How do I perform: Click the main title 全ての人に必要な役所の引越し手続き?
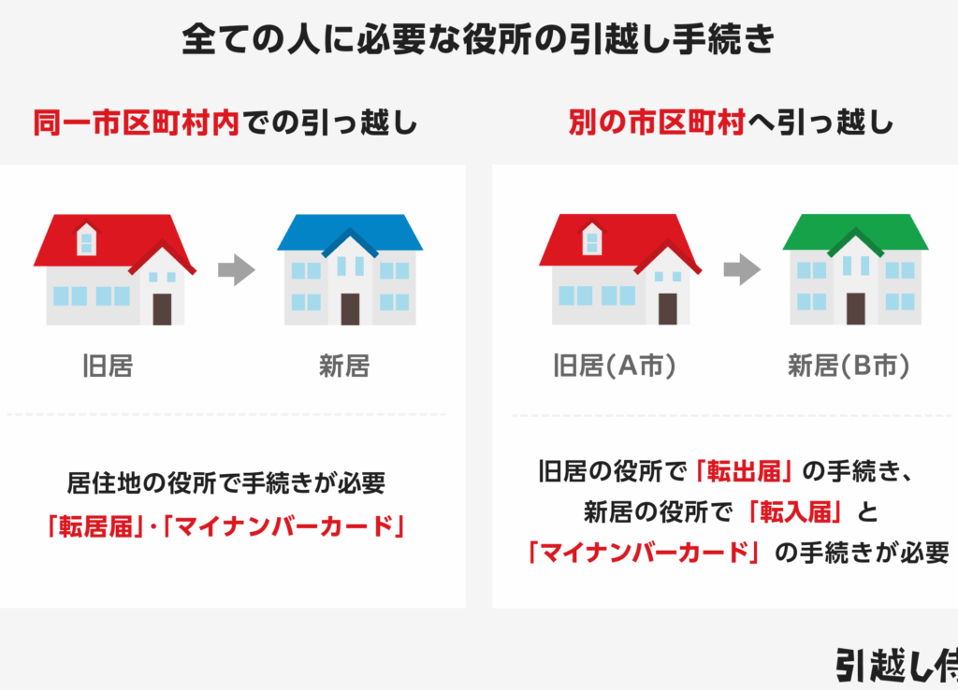click(x=478, y=39)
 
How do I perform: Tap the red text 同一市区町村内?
click(x=136, y=122)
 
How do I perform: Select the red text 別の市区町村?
click(x=657, y=122)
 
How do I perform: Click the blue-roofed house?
click(x=350, y=269)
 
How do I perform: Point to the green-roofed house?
click(x=855, y=269)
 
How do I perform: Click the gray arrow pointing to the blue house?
click(x=237, y=269)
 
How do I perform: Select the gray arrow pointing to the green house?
click(x=742, y=269)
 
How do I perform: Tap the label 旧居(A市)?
click(x=614, y=366)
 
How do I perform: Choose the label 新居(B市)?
click(x=849, y=366)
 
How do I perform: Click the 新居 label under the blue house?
click(x=344, y=366)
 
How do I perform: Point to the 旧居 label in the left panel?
click(x=109, y=366)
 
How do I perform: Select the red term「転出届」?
click(x=744, y=471)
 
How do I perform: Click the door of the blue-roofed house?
click(x=350, y=309)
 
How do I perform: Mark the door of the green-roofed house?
click(x=855, y=309)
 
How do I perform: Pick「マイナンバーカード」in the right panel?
click(x=645, y=553)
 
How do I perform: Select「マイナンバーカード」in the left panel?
click(x=283, y=525)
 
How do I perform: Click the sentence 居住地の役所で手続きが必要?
click(x=226, y=483)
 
